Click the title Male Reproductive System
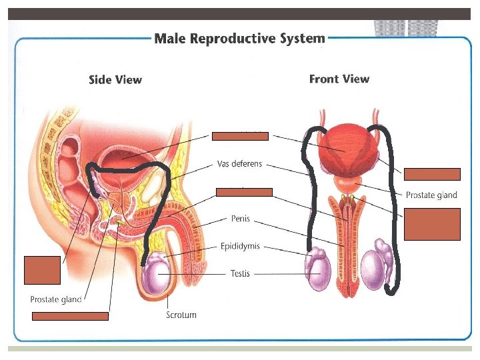[x=240, y=38]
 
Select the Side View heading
[x=115, y=80]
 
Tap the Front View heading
[x=339, y=79]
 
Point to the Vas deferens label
[x=240, y=163]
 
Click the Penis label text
[x=241, y=218]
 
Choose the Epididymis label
[x=240, y=246]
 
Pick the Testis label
[x=240, y=273]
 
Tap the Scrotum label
[x=181, y=315]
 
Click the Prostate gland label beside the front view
[x=431, y=195]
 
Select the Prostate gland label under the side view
[x=56, y=299]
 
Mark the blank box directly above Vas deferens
[x=240, y=136]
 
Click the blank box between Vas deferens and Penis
[x=244, y=192]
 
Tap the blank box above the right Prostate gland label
[x=431, y=175]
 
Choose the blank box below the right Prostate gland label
[x=431, y=224]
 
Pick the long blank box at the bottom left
[x=70, y=316]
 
